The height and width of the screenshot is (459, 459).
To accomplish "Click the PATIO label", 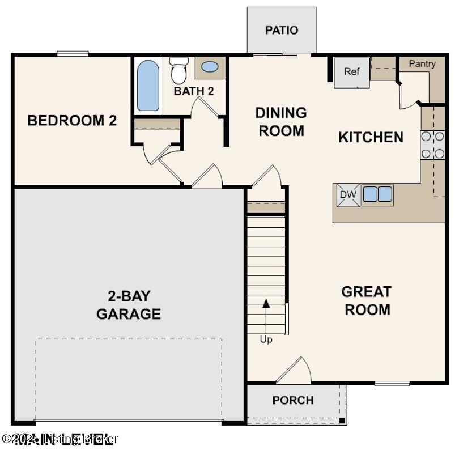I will (x=282, y=30).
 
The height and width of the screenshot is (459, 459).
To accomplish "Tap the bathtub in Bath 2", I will (x=148, y=86).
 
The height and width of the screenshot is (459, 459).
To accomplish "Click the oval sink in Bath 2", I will (x=210, y=67).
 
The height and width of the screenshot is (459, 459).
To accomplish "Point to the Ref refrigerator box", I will (x=352, y=72).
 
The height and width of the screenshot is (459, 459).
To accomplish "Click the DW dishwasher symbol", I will (x=348, y=195).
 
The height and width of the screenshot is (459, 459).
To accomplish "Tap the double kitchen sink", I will (x=377, y=194).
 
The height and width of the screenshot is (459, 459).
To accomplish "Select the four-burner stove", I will (x=432, y=145).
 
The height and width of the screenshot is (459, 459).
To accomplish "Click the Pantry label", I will (x=422, y=64).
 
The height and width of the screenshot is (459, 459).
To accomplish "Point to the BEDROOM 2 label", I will (x=73, y=121).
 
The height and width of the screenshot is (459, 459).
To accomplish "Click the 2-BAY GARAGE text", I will (x=129, y=305).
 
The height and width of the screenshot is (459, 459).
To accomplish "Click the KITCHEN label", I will (x=371, y=137).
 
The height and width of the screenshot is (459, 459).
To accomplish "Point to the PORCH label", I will (x=292, y=401).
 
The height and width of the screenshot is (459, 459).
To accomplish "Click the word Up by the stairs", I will (x=266, y=339).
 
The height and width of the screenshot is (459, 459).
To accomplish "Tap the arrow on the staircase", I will (x=266, y=315).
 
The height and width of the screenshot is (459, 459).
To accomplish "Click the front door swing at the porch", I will (x=295, y=371).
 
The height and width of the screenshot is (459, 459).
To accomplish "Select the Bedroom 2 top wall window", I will (x=73, y=54).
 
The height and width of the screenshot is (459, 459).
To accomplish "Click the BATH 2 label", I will (x=194, y=91).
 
